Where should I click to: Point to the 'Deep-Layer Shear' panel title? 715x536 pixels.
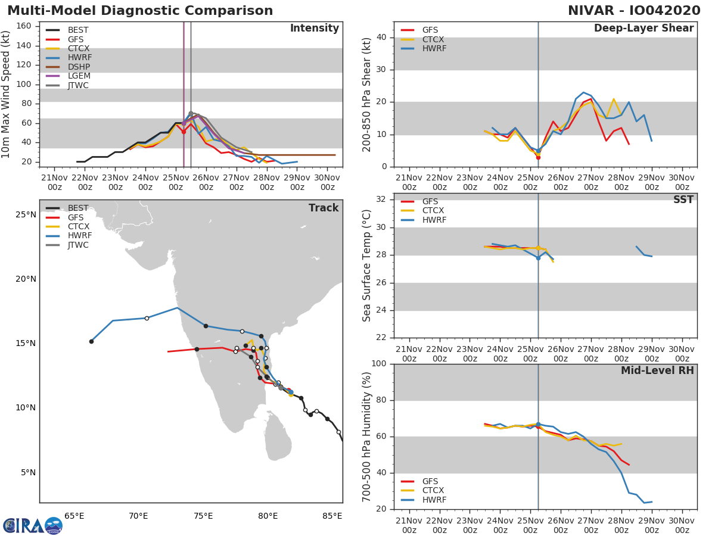pos(643,29)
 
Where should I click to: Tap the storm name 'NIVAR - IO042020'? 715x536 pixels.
pos(634,11)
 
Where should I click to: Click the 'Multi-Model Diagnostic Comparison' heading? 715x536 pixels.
pos(140,11)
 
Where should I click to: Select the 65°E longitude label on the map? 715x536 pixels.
pos(74,516)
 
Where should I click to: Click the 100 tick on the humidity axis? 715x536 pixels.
pos(379,364)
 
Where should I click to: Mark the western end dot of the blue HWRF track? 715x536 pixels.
pos(91,341)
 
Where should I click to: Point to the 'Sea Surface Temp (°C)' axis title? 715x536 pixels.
pos(367,266)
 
